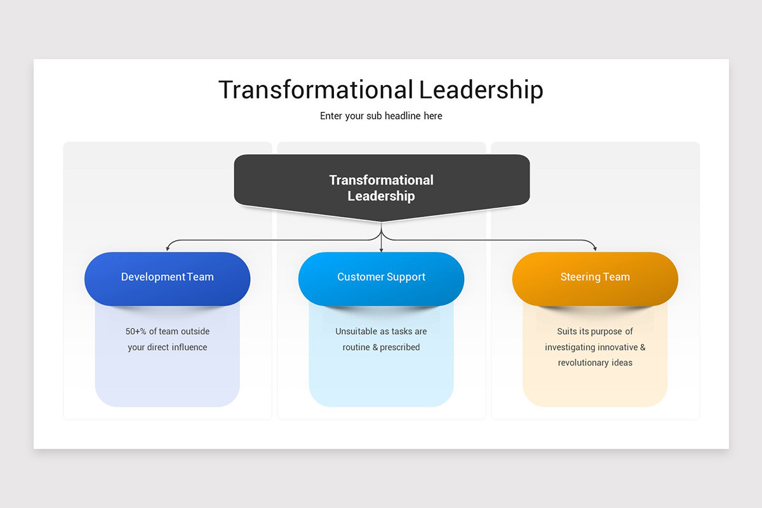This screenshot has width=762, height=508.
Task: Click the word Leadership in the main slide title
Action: coord(481,90)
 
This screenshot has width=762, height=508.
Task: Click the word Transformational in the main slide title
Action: coord(316,90)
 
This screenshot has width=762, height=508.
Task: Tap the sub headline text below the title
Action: coord(381,116)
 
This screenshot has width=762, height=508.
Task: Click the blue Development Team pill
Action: coord(167,278)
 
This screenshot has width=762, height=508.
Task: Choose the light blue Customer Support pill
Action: coord(381,278)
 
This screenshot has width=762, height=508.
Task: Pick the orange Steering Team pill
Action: coord(595,278)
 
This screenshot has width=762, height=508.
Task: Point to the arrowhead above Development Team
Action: coord(168,248)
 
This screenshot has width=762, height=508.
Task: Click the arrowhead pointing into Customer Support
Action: coord(381,249)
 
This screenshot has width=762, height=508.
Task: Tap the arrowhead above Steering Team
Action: coord(594,248)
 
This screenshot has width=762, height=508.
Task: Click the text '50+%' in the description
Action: coord(136,331)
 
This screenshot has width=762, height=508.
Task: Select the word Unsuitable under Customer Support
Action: coord(356,331)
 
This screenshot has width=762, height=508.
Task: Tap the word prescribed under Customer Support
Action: coord(400,347)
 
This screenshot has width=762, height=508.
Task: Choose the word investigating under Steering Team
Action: coord(569,347)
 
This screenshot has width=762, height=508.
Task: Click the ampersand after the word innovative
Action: coord(642,347)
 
